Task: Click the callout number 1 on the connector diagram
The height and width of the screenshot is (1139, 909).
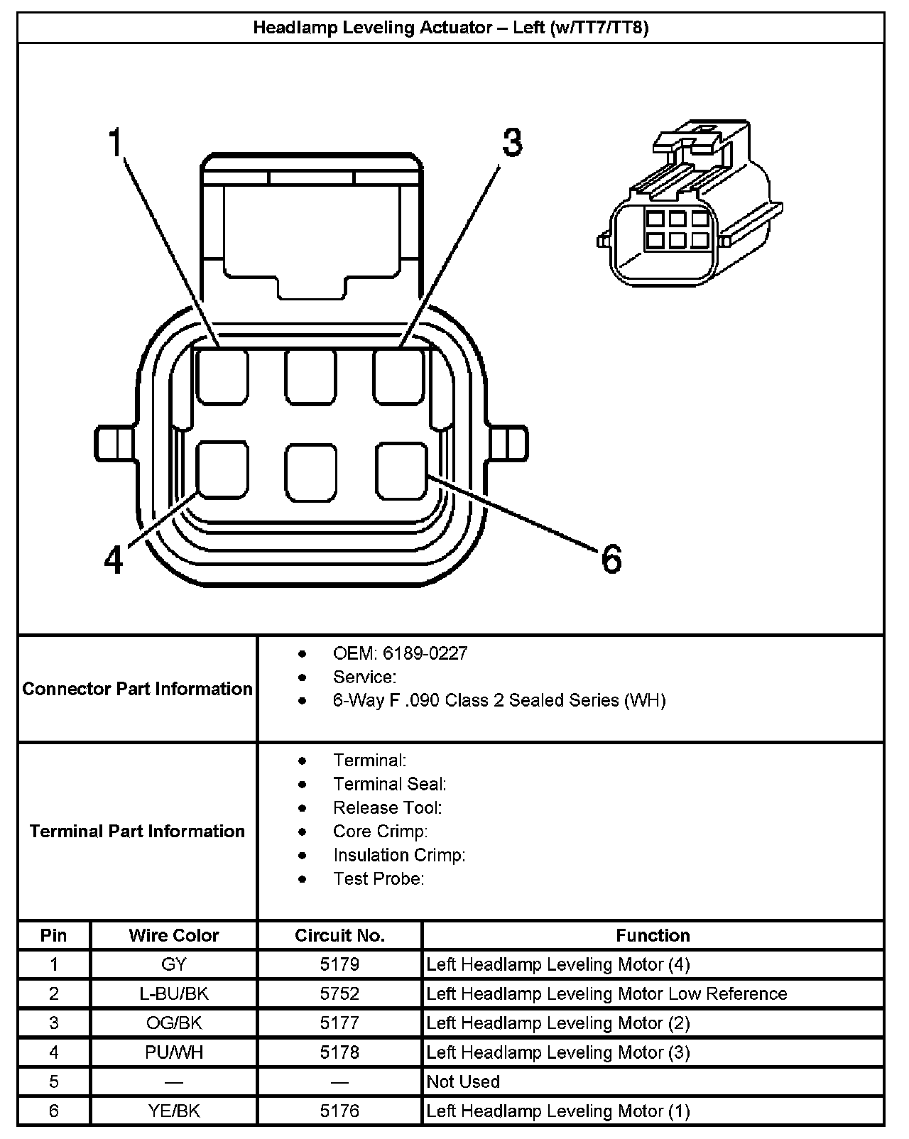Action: coord(115,142)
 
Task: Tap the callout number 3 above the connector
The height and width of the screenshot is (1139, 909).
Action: coord(512,142)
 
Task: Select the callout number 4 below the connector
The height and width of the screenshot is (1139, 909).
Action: coord(114,560)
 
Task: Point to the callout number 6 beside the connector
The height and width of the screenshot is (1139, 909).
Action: coord(611,559)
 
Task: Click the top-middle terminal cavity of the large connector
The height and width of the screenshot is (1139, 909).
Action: coord(310,377)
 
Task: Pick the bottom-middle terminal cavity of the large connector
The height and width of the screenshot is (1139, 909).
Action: coord(311,472)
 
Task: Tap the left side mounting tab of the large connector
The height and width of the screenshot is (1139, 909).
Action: coord(116,443)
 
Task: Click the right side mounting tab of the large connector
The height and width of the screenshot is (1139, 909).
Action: coord(507,443)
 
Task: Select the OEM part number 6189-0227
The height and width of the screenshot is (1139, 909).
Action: coord(425,653)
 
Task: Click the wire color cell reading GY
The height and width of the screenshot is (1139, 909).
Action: coord(174,964)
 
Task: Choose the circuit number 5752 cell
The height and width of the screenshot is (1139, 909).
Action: coord(339,993)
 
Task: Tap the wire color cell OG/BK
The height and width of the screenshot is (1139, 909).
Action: coord(174,1023)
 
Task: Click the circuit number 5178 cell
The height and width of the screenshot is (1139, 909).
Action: coord(339,1052)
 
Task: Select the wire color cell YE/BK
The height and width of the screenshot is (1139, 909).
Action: coord(174,1111)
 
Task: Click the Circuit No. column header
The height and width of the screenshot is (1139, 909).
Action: coord(339,935)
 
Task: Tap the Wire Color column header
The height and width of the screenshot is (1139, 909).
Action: coord(174,935)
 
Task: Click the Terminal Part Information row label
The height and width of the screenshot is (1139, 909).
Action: coord(137,831)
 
